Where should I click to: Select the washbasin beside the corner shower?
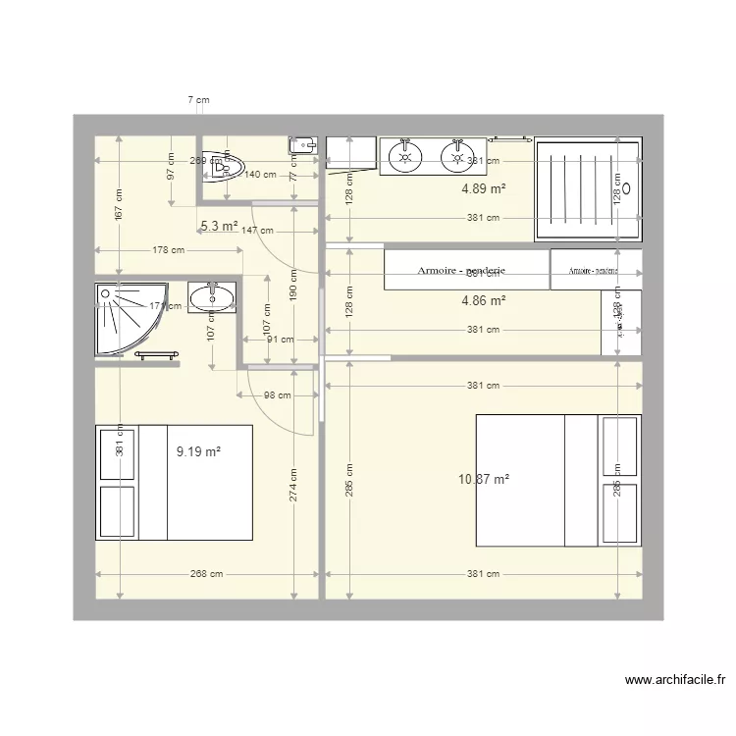tap(211, 298)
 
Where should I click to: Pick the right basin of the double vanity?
tap(455, 155)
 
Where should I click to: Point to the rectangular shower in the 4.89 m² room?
tap(587, 188)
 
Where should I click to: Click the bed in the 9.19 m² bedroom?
tap(174, 482)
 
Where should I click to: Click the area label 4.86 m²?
tap(484, 301)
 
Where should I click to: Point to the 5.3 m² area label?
tap(219, 226)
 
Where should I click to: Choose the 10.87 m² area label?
tap(484, 479)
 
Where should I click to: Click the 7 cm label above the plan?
tap(199, 100)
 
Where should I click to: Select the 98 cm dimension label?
tap(278, 395)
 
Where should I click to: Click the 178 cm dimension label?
tap(168, 250)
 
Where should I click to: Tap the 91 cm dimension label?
tap(280, 341)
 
